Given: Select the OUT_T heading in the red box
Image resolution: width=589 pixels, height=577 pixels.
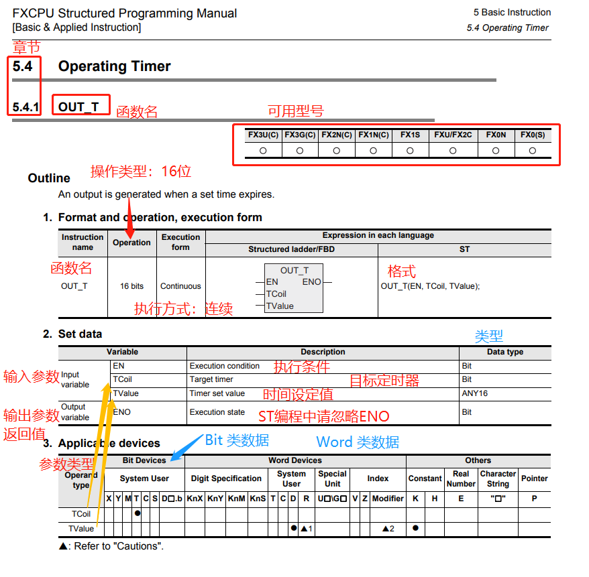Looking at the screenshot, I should (78, 107).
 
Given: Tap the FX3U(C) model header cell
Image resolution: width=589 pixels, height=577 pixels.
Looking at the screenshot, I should (263, 135).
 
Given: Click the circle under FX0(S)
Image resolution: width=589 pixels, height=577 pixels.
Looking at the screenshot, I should (533, 151).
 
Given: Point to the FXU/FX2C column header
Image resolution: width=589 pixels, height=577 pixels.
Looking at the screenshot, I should (453, 135).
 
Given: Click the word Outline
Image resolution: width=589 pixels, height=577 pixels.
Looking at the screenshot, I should (49, 178).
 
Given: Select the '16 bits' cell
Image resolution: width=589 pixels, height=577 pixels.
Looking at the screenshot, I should (132, 286).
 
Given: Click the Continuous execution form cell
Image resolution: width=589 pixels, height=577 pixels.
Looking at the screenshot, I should (180, 286).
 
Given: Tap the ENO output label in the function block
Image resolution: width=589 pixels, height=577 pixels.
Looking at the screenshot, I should (312, 282).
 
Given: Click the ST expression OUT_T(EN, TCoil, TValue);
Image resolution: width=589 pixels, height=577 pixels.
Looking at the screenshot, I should (430, 286).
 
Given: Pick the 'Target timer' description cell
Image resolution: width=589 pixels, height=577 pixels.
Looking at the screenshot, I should (211, 379).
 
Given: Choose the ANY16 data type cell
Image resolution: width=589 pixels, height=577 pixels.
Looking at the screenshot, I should (475, 393).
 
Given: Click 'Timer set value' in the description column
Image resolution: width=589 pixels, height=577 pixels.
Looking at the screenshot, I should (217, 393).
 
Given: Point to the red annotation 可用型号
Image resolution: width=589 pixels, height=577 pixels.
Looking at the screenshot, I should (296, 111).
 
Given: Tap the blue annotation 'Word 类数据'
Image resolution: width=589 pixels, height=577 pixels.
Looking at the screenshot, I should (358, 442).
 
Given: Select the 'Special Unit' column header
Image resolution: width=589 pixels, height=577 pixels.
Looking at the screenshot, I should (333, 478).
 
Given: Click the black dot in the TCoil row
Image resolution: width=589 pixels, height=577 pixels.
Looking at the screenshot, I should (137, 513).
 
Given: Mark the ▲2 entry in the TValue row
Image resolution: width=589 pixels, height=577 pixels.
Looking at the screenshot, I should (388, 529).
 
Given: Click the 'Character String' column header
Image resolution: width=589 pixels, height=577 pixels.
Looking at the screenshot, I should (497, 478).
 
